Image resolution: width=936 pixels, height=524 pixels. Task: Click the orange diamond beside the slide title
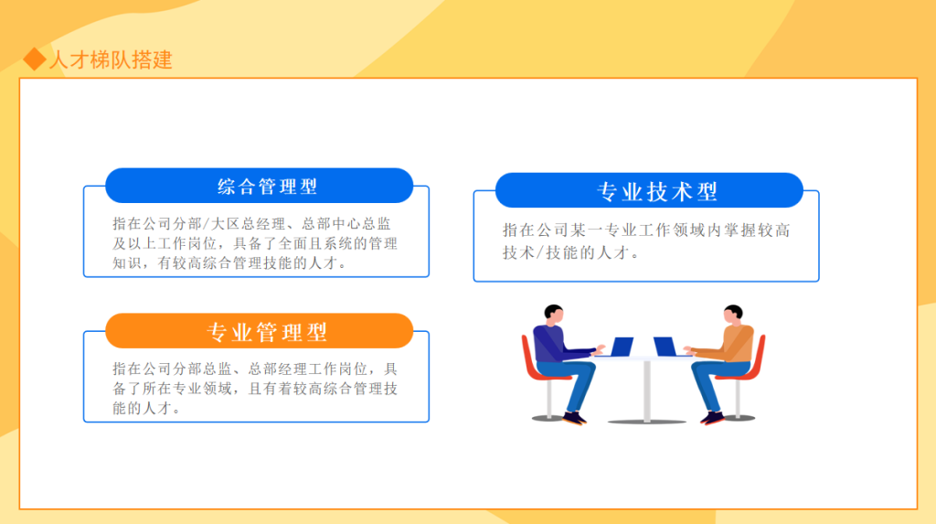35,59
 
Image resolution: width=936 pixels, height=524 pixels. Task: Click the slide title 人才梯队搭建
111,59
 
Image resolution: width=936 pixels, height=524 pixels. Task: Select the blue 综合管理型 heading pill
259,186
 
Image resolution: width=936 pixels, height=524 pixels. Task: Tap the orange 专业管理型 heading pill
259,331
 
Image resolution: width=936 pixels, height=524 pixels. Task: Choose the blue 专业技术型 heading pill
649,190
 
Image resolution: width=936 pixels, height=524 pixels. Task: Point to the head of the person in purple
553,315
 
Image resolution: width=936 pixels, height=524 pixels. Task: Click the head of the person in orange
733,315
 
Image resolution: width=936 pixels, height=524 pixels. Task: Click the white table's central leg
647,390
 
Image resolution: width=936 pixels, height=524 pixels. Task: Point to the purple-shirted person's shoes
574,418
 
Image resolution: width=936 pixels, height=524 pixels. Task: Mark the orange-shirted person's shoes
712,418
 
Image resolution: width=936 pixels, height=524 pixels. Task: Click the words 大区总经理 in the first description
247,224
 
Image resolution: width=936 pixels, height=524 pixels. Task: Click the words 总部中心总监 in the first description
346,224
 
